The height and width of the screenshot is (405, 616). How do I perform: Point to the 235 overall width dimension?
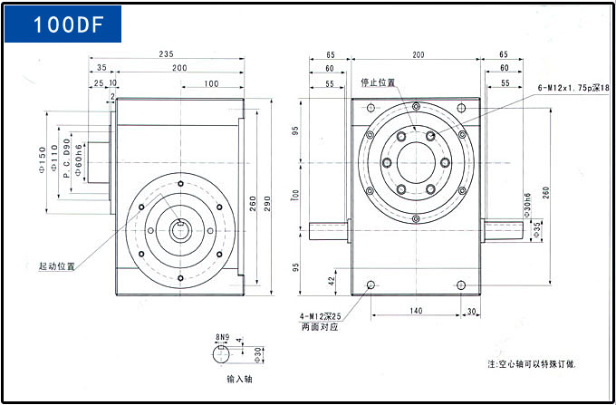click(x=166, y=54)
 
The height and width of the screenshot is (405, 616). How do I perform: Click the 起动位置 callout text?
click(x=56, y=267)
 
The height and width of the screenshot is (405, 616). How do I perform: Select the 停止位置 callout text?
click(x=378, y=82)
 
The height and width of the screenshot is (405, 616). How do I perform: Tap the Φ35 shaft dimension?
click(x=537, y=227)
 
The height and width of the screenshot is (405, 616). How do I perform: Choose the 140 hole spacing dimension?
click(x=415, y=311)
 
